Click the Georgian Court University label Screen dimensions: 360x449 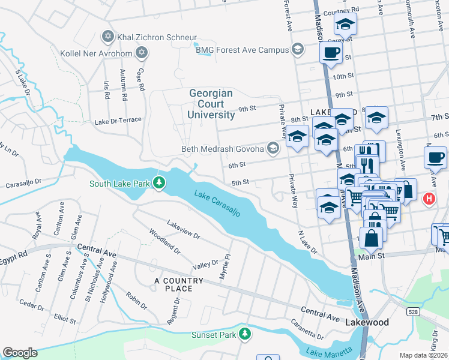[211, 104]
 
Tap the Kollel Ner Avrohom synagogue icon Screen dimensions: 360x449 [142, 53]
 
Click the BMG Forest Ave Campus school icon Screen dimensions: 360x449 [297, 49]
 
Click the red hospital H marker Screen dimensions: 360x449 [429, 199]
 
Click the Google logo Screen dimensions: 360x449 [20, 352]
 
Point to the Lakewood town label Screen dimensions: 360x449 [367, 322]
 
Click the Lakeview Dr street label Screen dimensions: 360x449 [184, 229]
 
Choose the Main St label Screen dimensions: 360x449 [371, 256]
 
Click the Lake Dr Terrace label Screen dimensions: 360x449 [118, 121]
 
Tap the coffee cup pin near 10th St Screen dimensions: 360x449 [330, 53]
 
